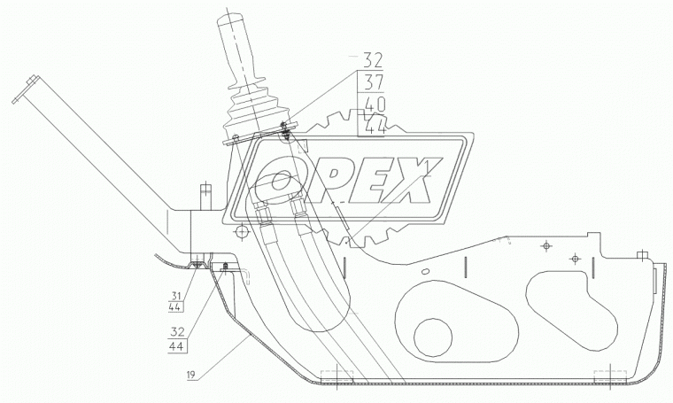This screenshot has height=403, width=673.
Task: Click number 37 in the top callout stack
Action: click(373, 82)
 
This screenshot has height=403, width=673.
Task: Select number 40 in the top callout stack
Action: click(375, 105)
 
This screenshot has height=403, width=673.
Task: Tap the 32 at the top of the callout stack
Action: click(373, 60)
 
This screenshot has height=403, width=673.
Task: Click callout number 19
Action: click(191, 376)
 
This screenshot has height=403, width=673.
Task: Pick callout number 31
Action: click(176, 296)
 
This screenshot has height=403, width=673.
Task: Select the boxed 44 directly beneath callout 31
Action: click(176, 306)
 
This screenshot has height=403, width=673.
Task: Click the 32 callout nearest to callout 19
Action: click(177, 331)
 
